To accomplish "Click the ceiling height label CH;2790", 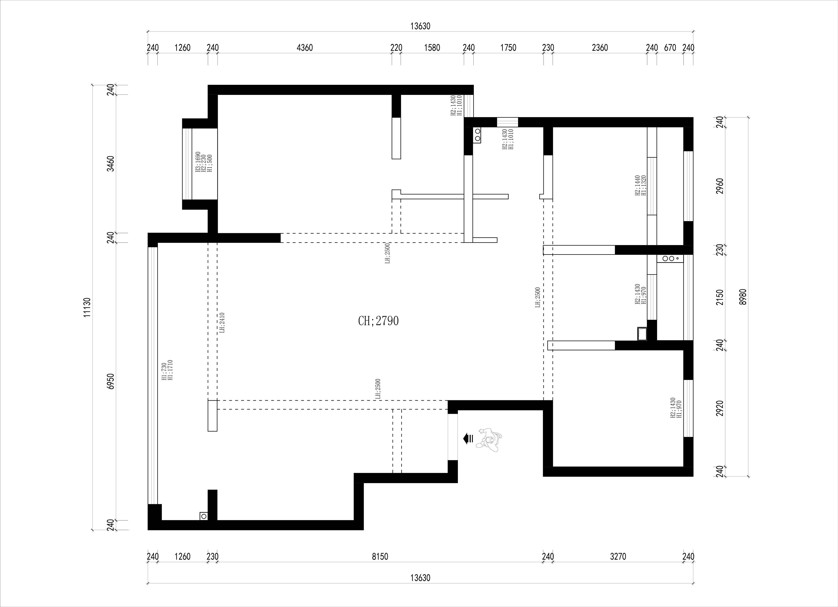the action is coord(378,321).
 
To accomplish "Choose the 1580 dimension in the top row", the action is coord(432,48).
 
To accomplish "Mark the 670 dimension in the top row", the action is coord(670,48).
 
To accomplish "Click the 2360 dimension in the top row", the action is coord(600,48).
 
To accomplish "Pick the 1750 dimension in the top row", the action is coord(508,48).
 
